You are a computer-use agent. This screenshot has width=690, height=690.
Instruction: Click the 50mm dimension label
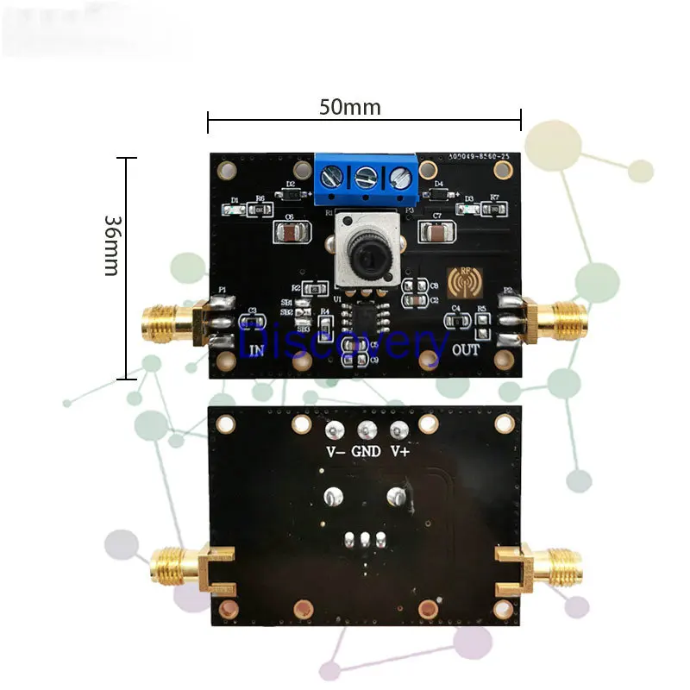click(x=349, y=108)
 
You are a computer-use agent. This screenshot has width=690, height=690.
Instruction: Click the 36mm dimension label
click(x=110, y=245)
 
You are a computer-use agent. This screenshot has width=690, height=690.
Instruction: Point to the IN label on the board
click(x=256, y=350)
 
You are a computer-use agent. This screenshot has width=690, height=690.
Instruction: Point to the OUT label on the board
click(x=465, y=349)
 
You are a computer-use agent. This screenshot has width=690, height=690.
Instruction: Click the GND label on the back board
click(x=365, y=451)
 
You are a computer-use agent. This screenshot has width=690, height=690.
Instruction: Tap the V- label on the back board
click(x=335, y=451)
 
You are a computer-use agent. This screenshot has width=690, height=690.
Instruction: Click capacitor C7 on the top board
click(x=436, y=232)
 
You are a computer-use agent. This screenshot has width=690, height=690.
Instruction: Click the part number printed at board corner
click(x=484, y=156)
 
